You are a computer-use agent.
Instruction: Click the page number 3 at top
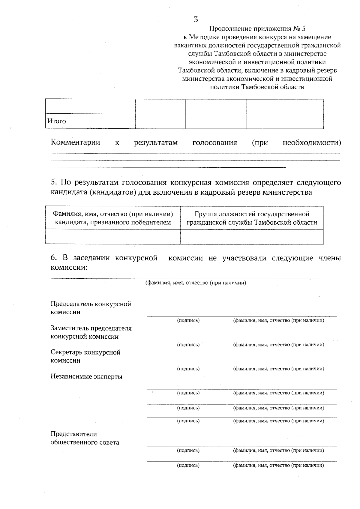(196, 20)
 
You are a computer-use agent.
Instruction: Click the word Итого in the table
(56, 121)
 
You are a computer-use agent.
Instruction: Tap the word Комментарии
(75, 142)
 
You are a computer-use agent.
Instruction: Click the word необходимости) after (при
(312, 142)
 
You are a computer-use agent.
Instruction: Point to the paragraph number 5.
(53, 182)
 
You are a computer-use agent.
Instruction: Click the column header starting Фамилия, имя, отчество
(113, 218)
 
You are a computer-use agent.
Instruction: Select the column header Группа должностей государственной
(252, 218)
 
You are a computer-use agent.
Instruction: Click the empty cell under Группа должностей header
(252, 237)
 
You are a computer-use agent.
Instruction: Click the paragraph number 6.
(53, 258)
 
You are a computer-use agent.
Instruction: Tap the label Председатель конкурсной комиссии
(91, 308)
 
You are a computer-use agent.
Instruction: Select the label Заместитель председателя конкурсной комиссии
(91, 332)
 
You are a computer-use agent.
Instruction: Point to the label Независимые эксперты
(86, 376)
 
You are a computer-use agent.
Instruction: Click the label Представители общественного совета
(85, 438)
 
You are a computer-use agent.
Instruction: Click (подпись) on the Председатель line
(188, 320)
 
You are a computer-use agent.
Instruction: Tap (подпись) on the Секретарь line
(188, 369)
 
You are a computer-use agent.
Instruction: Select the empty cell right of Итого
(160, 121)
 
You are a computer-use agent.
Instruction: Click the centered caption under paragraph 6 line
(196, 283)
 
